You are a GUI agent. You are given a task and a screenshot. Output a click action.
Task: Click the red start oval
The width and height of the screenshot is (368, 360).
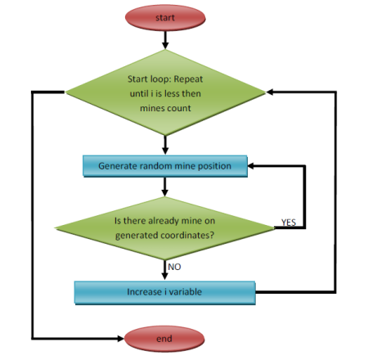[165, 18]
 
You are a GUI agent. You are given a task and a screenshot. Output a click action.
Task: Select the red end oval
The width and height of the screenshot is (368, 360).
[164, 339]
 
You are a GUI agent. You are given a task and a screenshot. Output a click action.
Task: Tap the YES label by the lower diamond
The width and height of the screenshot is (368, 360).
[289, 223]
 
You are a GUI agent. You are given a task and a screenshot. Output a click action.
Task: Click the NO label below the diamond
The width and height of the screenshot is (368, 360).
[174, 267]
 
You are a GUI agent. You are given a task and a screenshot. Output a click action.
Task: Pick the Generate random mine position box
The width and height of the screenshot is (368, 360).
[165, 166]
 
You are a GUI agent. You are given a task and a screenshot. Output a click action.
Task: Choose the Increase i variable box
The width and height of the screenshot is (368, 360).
[165, 292]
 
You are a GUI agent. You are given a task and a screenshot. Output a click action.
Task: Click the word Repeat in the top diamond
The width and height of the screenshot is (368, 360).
[188, 79]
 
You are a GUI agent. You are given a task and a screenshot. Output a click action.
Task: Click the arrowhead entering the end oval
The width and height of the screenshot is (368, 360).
[120, 339]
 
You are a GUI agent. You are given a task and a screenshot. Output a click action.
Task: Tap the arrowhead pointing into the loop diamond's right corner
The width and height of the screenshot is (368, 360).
[270, 92]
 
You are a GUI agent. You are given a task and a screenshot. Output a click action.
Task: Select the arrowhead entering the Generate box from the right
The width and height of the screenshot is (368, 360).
[251, 166]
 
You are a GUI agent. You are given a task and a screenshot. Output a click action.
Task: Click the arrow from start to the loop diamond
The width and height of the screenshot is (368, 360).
[165, 40]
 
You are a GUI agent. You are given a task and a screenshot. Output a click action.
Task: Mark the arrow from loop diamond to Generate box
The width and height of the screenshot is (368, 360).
[165, 145]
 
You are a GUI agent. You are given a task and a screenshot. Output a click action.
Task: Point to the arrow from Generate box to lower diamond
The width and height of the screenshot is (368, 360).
[164, 187]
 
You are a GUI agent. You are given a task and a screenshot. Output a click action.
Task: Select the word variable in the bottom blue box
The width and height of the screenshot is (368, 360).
[185, 292]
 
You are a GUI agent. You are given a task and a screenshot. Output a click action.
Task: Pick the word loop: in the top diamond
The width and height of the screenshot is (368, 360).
[160, 79]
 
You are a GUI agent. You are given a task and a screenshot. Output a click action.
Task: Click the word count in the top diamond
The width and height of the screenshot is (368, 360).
[178, 108]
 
